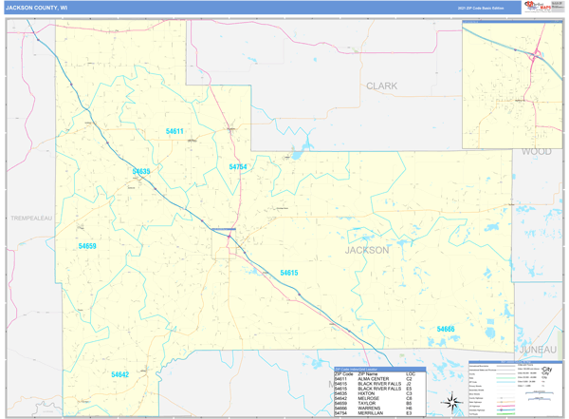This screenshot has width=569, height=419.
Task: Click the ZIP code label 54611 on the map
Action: pyautogui.click(x=174, y=132)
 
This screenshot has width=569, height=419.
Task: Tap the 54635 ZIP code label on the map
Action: pyautogui.click(x=141, y=172)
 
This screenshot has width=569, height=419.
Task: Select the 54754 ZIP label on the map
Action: pyautogui.click(x=238, y=167)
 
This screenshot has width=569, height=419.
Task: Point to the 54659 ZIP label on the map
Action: pyautogui.click(x=87, y=246)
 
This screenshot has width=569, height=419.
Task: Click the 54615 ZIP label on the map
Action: pyautogui.click(x=289, y=273)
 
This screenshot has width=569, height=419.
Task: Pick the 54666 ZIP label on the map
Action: pyautogui.click(x=446, y=329)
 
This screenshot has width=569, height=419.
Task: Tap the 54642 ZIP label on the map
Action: pyautogui.click(x=119, y=374)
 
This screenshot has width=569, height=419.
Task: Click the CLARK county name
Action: pyautogui.click(x=382, y=86)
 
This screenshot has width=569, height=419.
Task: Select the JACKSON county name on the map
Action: pyautogui.click(x=367, y=250)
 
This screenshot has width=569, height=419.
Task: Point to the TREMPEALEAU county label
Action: pyautogui.click(x=31, y=218)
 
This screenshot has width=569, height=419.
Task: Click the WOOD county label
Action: pyautogui.click(x=536, y=151)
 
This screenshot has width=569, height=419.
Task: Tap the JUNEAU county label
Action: pyautogui.click(x=538, y=349)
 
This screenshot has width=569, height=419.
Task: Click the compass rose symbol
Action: pyautogui.click(x=452, y=402)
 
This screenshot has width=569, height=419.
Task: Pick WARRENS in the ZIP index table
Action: pyautogui.click(x=370, y=408)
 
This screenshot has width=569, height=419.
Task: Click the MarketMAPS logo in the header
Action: pyautogui.click(x=536, y=8)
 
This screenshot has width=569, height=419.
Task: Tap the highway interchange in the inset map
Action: pyautogui.click(x=537, y=55)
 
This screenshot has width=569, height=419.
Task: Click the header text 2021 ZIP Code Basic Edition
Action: pyautogui.click(x=481, y=8)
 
